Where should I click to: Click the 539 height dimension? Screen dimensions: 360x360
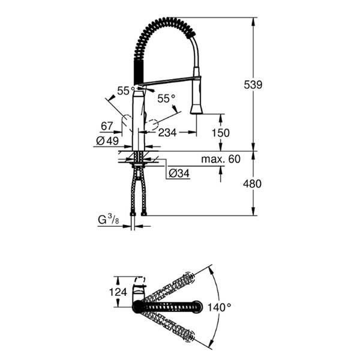pyautogui.click(x=253, y=85)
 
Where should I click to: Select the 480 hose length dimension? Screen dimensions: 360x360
pyautogui.click(x=253, y=184)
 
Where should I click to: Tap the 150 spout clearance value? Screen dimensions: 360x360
pyautogui.click(x=221, y=133)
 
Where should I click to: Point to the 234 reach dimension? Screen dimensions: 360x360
pyautogui.click(x=167, y=133)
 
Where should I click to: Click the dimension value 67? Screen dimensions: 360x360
pyautogui.click(x=107, y=126)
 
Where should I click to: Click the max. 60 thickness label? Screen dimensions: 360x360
pyautogui.click(x=220, y=158)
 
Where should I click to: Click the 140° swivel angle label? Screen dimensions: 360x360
pyautogui.click(x=221, y=307)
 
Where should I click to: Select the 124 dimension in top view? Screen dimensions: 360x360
pyautogui.click(x=119, y=292)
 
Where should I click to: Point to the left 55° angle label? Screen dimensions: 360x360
pyautogui.click(x=124, y=90)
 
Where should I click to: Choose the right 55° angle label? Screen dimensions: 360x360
pyautogui.click(x=166, y=98)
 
